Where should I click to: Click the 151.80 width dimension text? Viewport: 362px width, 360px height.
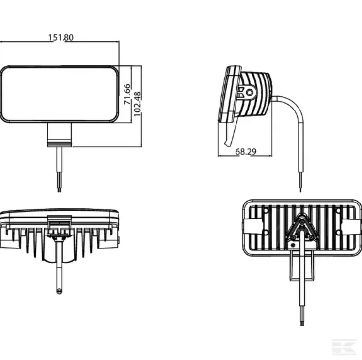pos(61,37)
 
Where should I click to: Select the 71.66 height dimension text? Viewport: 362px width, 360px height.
pos(127,94)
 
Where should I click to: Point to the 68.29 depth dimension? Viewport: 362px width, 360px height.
pos(246,152)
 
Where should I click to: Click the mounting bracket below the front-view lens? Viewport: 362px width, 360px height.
pos(60,134)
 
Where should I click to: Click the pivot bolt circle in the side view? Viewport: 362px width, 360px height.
pos(249,92)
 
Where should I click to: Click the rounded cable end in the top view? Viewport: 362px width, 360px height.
pos(59,290)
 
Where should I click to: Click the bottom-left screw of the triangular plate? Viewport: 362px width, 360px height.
pos(292,237)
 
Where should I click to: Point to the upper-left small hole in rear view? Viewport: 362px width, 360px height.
pos(265,210)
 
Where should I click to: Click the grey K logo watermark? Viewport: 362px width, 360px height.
pos(343,347)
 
